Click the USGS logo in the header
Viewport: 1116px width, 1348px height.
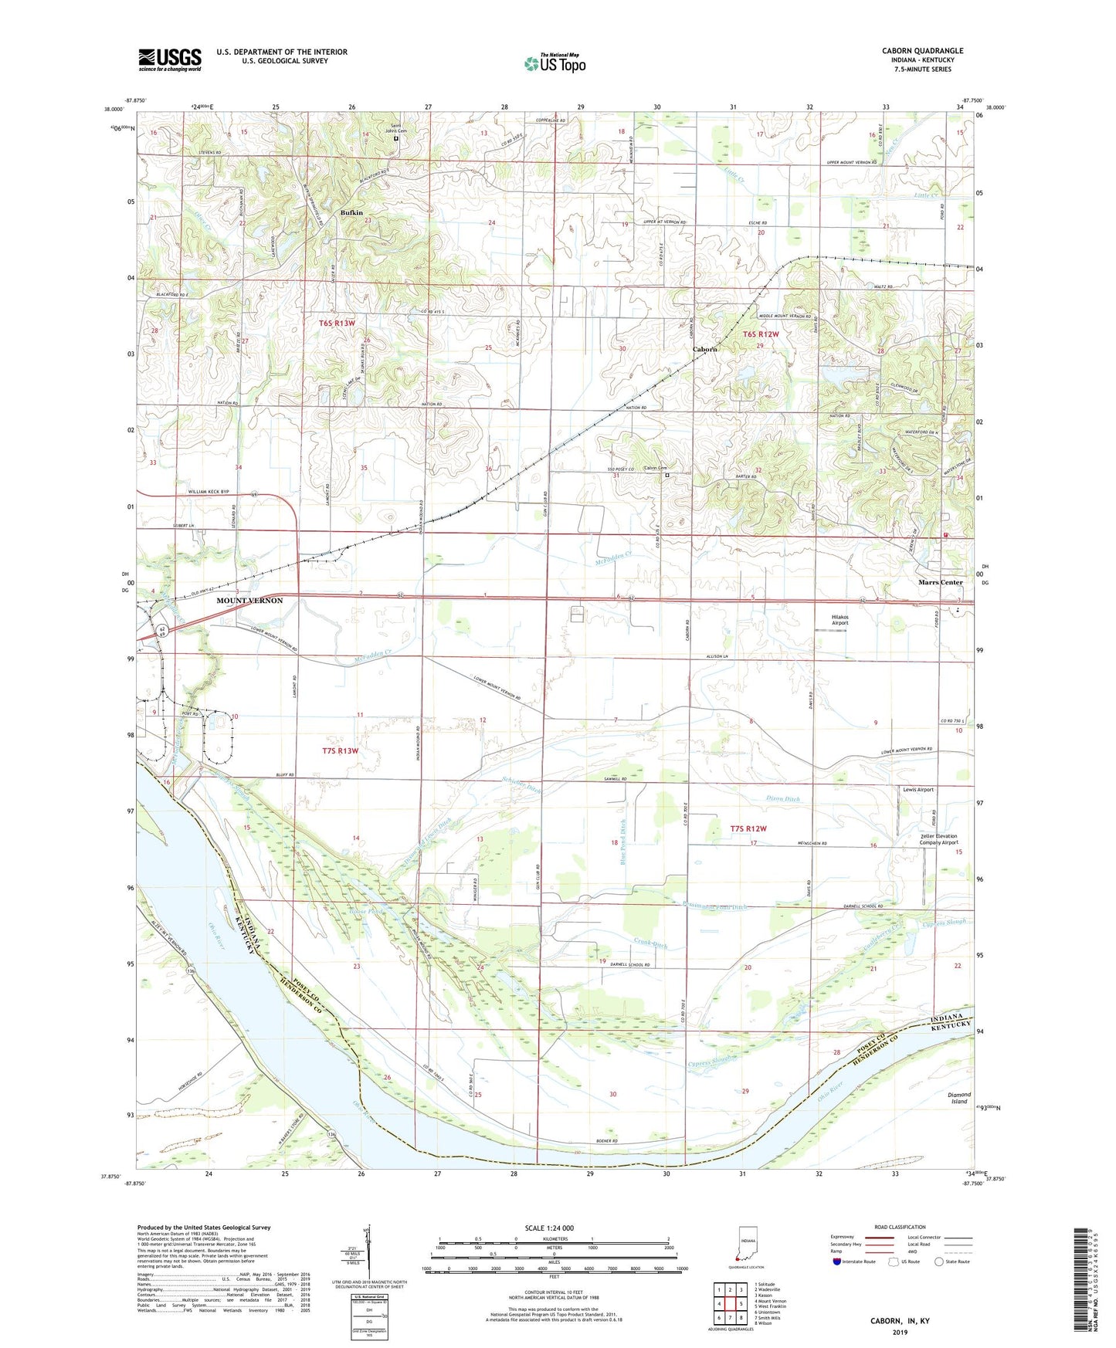(x=170, y=59)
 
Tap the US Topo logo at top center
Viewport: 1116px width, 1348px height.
(x=554, y=63)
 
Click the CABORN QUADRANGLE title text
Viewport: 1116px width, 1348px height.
(x=922, y=51)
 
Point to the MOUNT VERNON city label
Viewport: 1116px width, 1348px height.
(x=249, y=600)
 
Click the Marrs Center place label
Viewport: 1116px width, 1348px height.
(x=940, y=582)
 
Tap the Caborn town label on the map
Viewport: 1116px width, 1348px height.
(x=704, y=349)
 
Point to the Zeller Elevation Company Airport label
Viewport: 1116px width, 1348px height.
(x=929, y=839)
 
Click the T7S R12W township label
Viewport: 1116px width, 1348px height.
(x=748, y=828)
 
